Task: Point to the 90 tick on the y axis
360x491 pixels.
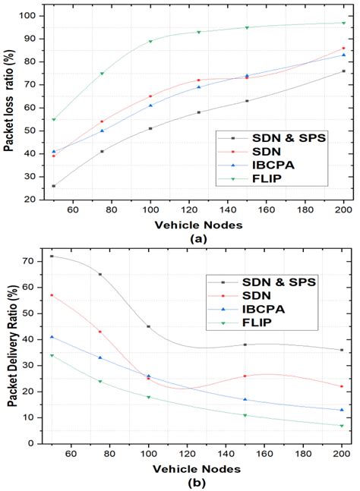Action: (x=28, y=39)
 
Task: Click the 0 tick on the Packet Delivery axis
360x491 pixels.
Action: (x=30, y=443)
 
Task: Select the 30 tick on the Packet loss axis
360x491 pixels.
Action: (x=28, y=177)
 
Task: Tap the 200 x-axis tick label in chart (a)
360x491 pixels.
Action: (x=343, y=210)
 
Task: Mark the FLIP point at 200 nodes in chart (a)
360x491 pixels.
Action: (x=343, y=23)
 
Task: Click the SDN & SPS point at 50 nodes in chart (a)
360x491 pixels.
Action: (x=53, y=186)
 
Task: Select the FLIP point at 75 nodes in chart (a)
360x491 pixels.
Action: (x=102, y=74)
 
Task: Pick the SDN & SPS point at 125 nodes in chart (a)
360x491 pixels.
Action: (x=198, y=112)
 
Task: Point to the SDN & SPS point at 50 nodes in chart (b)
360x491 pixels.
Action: (x=52, y=257)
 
